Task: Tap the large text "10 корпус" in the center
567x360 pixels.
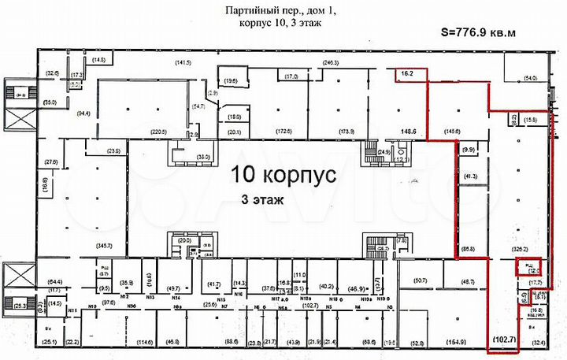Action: pos(284,175)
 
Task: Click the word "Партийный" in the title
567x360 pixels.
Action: pos(235,10)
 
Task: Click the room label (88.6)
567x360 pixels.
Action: pos(231,343)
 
